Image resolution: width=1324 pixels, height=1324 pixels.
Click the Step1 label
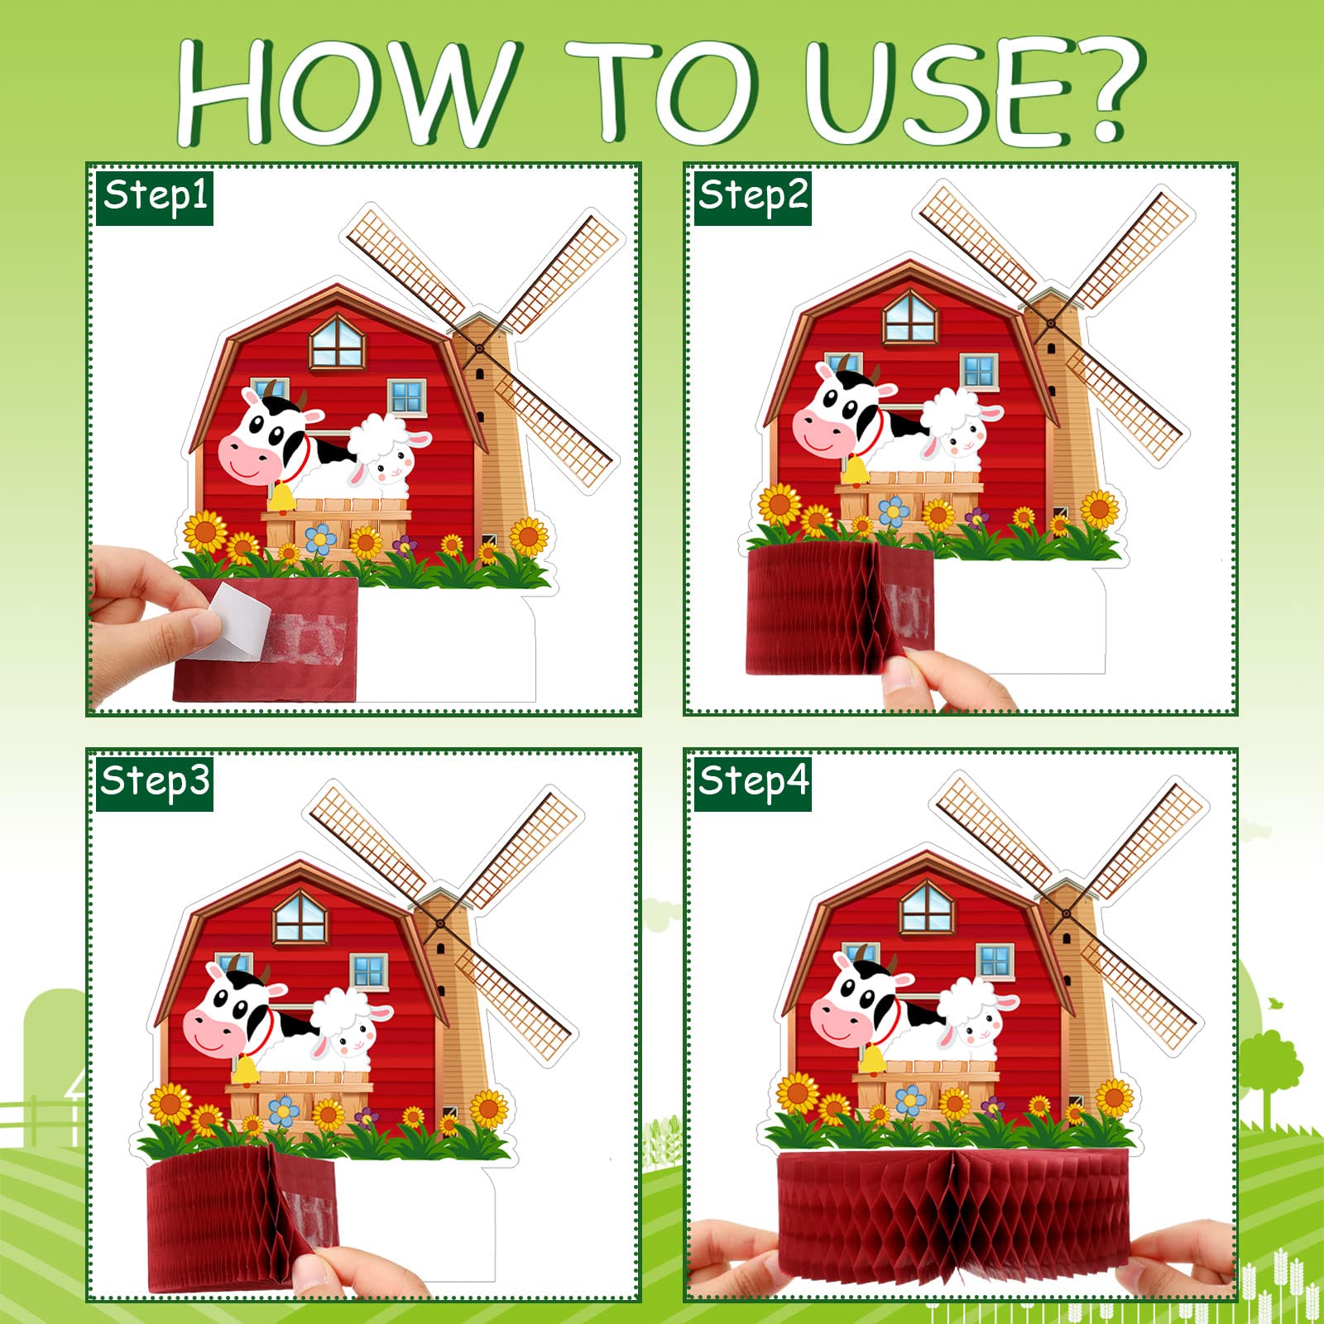155,198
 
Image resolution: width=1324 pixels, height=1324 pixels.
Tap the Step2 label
752,198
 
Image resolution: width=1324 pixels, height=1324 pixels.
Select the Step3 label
155,783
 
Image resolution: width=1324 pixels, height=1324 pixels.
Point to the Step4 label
752,783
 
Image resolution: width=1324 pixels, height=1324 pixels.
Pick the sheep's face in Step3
352,1039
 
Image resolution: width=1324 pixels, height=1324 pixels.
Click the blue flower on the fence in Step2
894,511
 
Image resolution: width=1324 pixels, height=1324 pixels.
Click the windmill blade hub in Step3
441,923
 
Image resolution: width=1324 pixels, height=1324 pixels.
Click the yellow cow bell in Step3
245,1069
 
